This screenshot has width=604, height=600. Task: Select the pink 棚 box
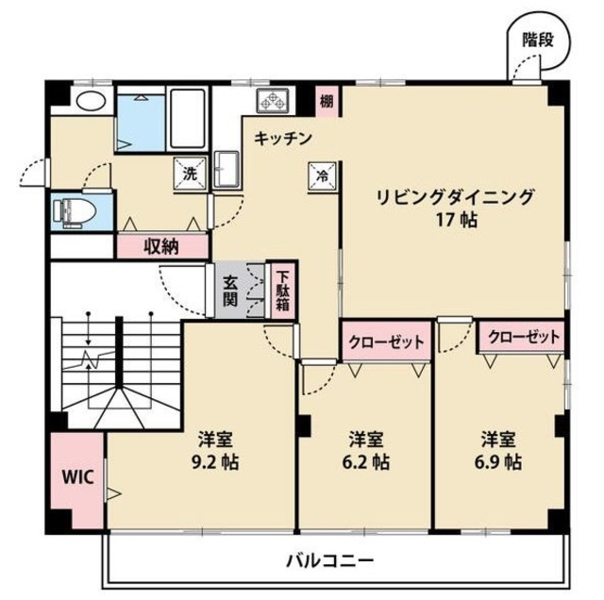pos(326,101)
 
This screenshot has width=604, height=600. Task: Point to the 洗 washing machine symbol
pos(190,174)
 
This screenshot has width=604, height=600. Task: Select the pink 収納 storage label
pos(160,246)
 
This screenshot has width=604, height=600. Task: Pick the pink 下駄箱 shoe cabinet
pos(281,292)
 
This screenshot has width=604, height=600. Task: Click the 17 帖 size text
pos(456,221)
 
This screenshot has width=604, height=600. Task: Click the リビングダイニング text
pos(456,197)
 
